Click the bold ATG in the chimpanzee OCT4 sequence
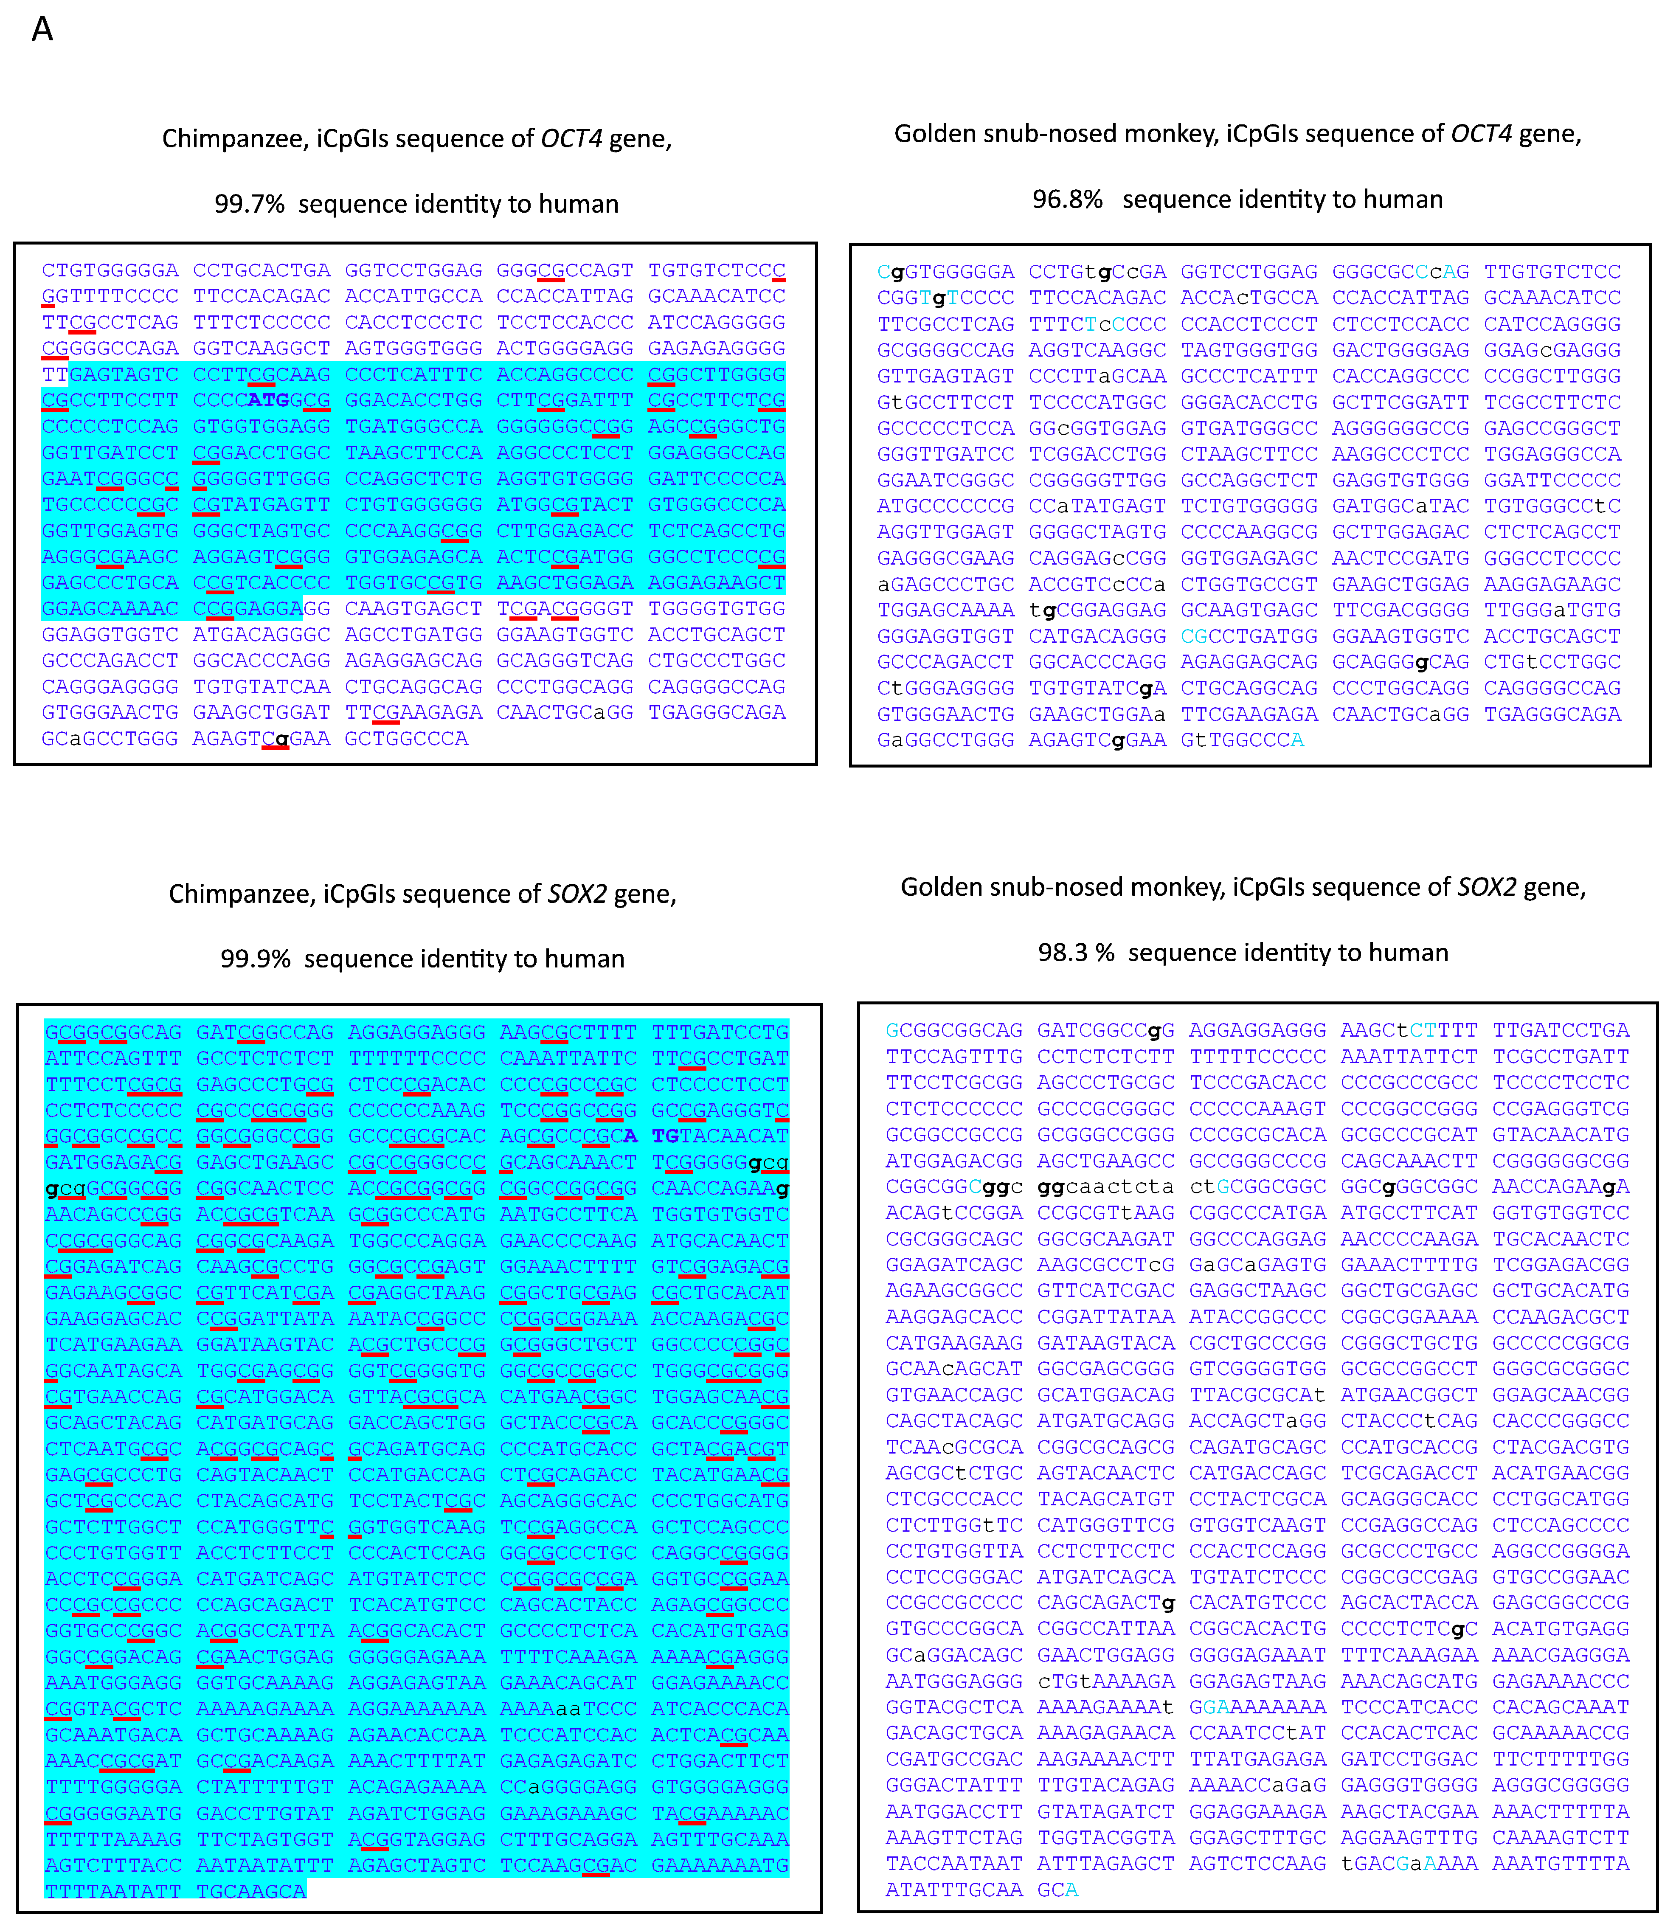coord(268,400)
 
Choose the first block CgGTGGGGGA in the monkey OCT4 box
coord(945,272)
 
